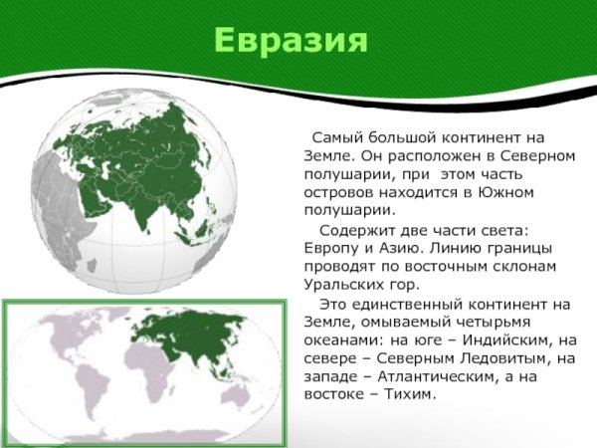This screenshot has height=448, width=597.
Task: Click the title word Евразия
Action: (291, 41)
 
